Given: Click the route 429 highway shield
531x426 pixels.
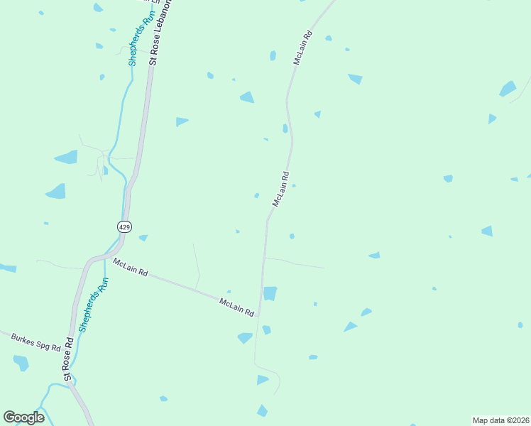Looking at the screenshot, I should point(124,226).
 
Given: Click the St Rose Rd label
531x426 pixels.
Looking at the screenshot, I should point(69,359).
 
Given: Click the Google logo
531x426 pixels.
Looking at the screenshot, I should point(24,417).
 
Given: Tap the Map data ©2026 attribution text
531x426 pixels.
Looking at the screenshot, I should point(500,420).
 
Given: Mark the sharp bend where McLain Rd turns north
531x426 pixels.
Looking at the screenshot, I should point(258,315).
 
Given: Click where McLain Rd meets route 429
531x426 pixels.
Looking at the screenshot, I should point(106,258).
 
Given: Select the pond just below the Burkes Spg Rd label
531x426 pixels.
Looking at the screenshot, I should point(21,363).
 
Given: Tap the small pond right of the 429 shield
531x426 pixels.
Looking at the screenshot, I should point(143,237).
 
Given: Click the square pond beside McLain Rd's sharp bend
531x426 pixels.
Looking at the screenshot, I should point(270,293).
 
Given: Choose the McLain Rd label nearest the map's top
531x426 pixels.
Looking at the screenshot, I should point(303,48).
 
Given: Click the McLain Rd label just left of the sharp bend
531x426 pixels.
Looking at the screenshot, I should point(236,307).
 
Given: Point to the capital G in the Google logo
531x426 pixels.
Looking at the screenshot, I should point(9,417).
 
